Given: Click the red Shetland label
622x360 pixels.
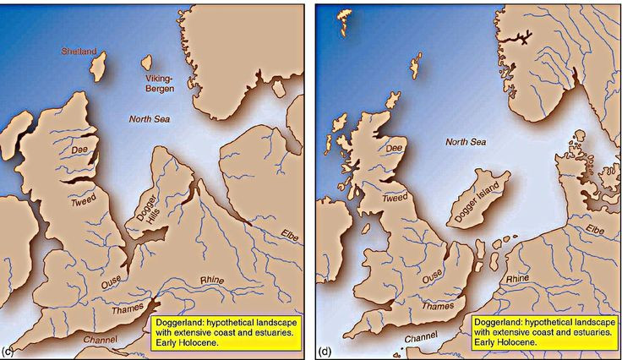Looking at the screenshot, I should click(x=79, y=51).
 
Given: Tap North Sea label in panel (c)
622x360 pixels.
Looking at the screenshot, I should click(x=149, y=119).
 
